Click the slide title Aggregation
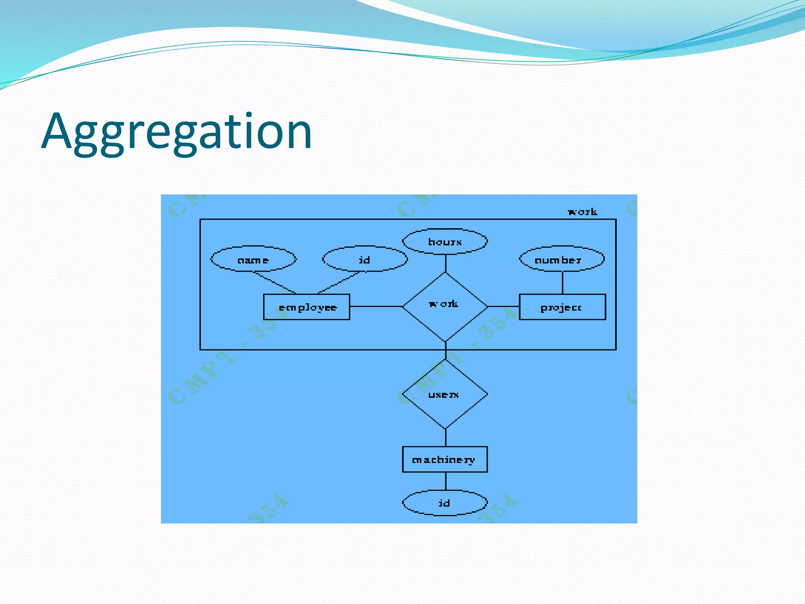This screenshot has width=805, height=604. (177, 132)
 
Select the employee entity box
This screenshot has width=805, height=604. (307, 307)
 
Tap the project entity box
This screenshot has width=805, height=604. (562, 307)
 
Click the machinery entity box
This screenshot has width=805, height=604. (445, 459)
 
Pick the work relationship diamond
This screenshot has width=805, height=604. (445, 307)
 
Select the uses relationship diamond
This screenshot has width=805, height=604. (445, 394)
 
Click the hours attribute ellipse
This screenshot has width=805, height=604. (445, 241)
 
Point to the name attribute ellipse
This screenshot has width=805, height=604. (253, 259)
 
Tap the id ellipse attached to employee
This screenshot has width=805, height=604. (365, 259)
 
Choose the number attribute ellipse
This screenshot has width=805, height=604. (562, 259)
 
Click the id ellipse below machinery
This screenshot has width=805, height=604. (445, 503)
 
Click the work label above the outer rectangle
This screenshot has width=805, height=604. (583, 212)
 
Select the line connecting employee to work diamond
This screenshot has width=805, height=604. (376, 306)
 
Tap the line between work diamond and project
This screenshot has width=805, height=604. (504, 306)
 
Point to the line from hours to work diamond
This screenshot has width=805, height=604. (445, 263)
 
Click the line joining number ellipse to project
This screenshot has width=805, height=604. (562, 282)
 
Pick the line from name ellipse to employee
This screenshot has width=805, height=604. (274, 283)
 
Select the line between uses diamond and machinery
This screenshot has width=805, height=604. (445, 437)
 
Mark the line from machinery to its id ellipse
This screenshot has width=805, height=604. (445, 481)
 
